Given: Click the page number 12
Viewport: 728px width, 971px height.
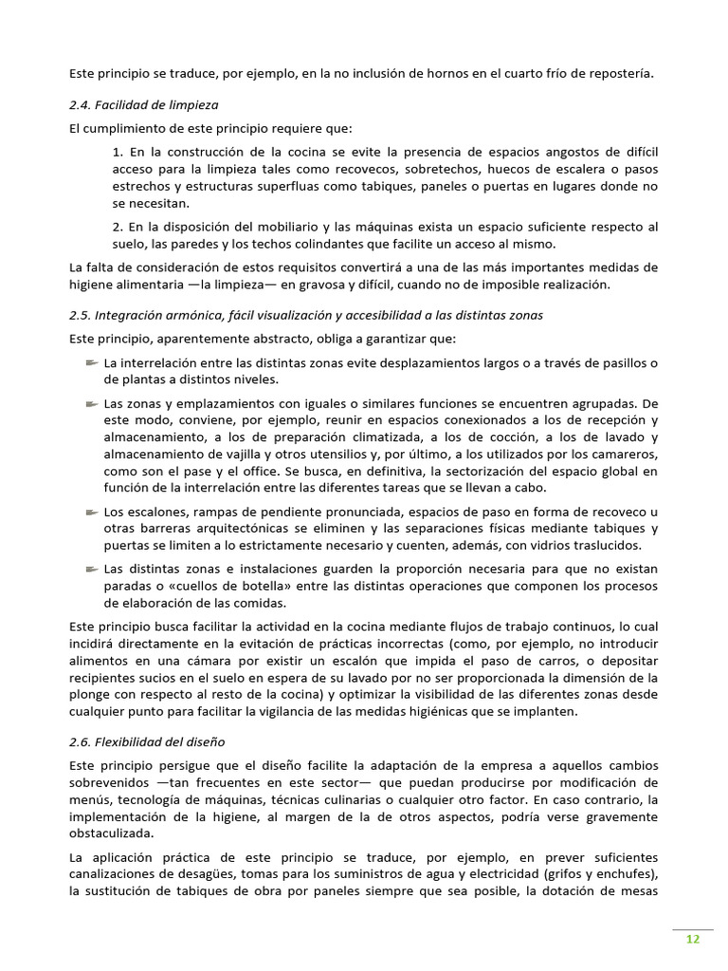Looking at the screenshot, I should tap(692, 939).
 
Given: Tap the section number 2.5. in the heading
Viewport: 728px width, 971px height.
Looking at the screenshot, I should tap(82, 315).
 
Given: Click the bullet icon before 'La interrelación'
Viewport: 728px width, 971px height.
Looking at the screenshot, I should tap(91, 362).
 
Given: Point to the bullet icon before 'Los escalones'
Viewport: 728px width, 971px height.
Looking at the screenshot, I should tap(91, 511).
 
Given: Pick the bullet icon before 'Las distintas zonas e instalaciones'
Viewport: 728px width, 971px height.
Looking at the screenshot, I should tap(91, 569).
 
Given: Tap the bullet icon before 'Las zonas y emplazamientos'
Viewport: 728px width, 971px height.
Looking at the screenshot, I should tap(91, 403).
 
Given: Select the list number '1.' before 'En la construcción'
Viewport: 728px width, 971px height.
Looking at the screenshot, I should tap(118, 152).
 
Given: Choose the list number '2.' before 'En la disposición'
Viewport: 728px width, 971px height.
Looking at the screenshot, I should tap(118, 227).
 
